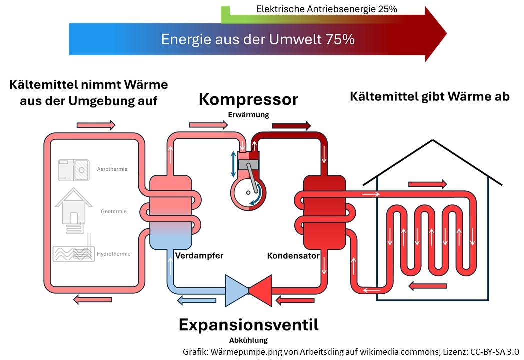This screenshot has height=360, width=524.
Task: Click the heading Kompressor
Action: (x=248, y=100)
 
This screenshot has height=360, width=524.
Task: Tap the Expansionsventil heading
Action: (x=248, y=325)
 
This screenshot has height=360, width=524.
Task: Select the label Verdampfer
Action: (x=199, y=256)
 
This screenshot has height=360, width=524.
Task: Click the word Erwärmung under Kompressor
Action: (x=248, y=115)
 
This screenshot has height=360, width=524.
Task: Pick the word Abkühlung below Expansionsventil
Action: (x=248, y=340)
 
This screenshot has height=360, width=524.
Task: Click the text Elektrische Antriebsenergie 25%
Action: (x=327, y=9)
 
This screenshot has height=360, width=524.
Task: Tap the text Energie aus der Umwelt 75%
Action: (x=258, y=39)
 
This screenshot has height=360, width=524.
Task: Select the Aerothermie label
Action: (x=112, y=169)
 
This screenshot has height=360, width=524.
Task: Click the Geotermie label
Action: (x=113, y=212)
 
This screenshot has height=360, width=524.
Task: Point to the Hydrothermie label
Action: (x=113, y=254)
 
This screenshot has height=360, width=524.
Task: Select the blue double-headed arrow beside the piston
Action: (x=233, y=164)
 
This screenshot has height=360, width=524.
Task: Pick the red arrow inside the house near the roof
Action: (x=427, y=184)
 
